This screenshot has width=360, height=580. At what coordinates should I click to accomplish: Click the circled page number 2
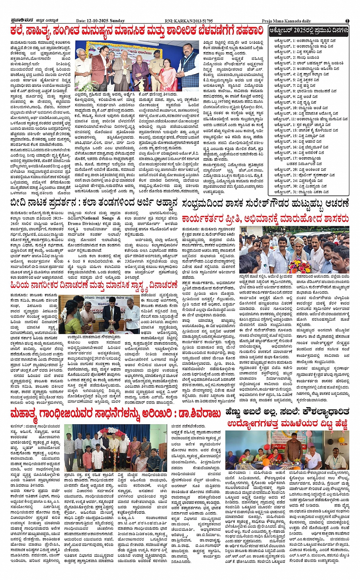click(347, 21)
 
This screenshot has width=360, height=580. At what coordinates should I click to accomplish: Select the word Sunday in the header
click(117, 21)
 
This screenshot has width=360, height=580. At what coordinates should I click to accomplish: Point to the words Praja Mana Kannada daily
click(286, 21)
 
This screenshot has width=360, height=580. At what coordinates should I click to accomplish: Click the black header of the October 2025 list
click(309, 30)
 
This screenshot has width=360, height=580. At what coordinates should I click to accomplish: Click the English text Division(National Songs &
click(99, 218)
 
